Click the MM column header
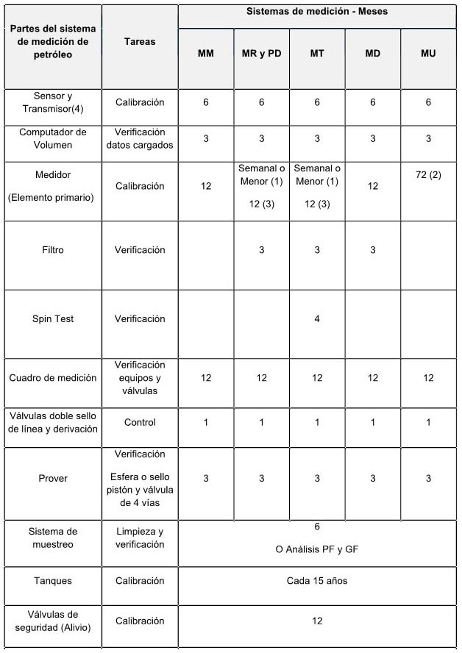(x=206, y=54)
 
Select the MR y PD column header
(x=261, y=54)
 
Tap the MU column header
(x=428, y=54)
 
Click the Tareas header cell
(x=140, y=42)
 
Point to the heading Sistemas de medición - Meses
(x=317, y=13)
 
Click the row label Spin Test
(x=53, y=319)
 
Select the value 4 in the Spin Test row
(x=317, y=319)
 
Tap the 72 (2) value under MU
(x=428, y=176)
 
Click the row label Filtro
(x=53, y=250)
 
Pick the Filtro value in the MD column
(x=373, y=250)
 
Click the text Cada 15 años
(x=317, y=581)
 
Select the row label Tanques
(x=53, y=581)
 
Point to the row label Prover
(x=53, y=479)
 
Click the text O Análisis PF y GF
(x=317, y=550)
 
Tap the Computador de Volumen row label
(x=53, y=138)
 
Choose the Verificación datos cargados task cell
(x=140, y=138)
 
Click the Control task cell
(x=140, y=423)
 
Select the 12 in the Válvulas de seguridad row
(x=317, y=621)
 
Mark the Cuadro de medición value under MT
(x=317, y=378)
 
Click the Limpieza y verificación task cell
(x=140, y=538)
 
